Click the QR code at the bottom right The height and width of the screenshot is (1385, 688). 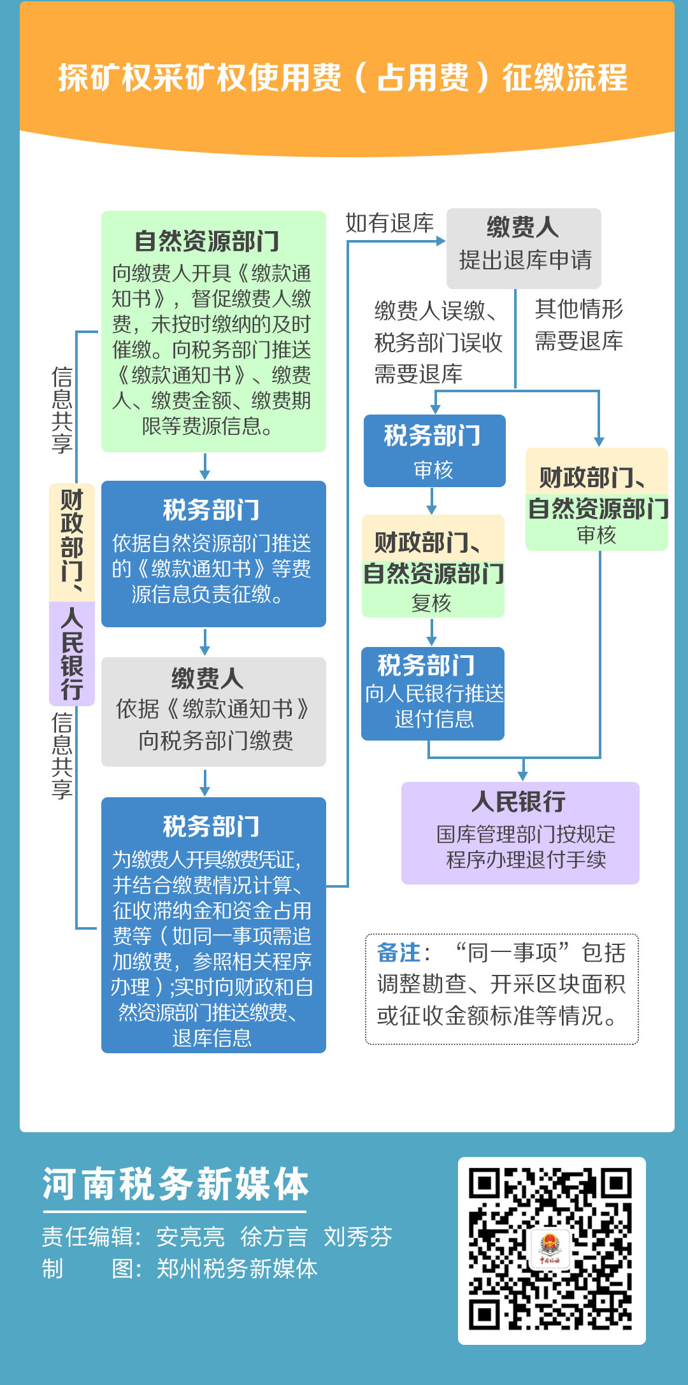tap(551, 1250)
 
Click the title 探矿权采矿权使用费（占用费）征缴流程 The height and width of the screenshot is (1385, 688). tap(343, 78)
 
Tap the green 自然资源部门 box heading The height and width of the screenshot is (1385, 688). tap(207, 241)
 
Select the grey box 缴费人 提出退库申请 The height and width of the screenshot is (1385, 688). tap(524, 248)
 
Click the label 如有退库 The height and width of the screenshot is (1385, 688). tap(389, 224)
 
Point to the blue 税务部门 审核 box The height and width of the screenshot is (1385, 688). tap(434, 451)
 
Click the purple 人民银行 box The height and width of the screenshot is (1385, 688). tap(520, 832)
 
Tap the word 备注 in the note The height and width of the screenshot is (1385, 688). tap(399, 953)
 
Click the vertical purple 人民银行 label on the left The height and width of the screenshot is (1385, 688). tap(72, 653)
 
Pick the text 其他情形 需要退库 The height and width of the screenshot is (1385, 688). tap(578, 325)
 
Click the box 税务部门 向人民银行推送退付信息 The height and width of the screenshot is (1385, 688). tap(433, 693)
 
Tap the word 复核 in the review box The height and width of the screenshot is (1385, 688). tap(431, 602)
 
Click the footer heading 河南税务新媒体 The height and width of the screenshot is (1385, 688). tap(175, 1185)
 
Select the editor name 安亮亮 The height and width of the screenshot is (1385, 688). tap(190, 1237)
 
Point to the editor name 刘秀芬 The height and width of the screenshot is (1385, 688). tap(357, 1237)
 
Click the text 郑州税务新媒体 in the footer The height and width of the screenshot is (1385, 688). tap(237, 1268)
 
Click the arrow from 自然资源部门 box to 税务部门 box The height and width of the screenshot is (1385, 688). tap(204, 466)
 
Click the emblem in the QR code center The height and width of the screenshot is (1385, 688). tap(550, 1250)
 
